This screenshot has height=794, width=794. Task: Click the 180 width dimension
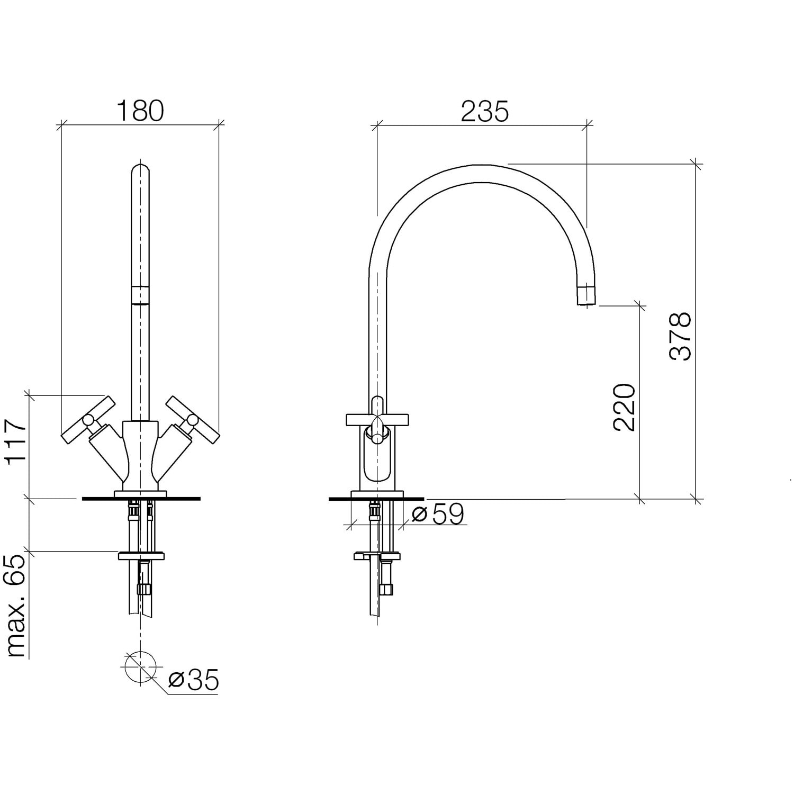click(140, 111)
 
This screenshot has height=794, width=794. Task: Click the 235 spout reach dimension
click(485, 111)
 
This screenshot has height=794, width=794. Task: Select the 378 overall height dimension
click(680, 336)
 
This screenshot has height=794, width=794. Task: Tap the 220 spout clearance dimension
click(624, 407)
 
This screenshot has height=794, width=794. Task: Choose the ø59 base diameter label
click(438, 513)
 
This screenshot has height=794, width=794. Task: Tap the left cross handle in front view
click(88, 420)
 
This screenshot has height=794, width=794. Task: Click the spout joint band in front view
click(140, 295)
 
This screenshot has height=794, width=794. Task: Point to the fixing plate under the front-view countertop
click(141, 556)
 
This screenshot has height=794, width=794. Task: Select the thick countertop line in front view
click(141, 499)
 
